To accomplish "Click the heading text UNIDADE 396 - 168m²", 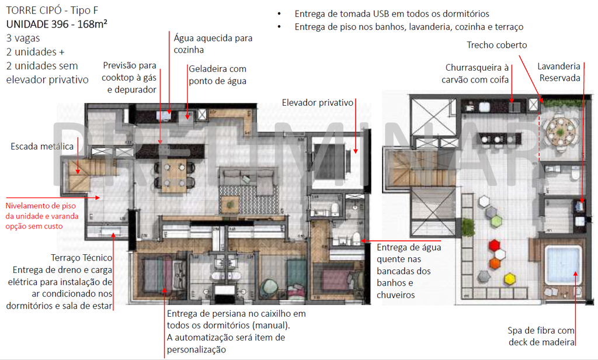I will (x=57, y=25).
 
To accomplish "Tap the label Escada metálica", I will (x=42, y=147).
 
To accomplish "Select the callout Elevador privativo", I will (x=318, y=102).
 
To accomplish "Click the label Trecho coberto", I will (x=496, y=45).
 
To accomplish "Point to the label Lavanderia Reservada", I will (x=559, y=72).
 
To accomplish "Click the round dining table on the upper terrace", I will (x=559, y=129).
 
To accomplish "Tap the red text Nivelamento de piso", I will (x=40, y=206).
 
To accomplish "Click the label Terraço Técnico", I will (x=81, y=258).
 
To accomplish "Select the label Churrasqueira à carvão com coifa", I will (x=477, y=74).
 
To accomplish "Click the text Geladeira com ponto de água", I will (x=217, y=75).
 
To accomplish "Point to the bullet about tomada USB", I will (x=391, y=13).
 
